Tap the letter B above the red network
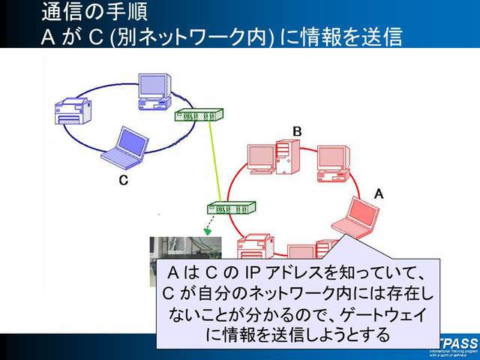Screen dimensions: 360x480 [297, 132]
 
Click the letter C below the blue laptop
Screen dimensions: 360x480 [123, 181]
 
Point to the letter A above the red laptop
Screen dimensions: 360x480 [379, 193]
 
